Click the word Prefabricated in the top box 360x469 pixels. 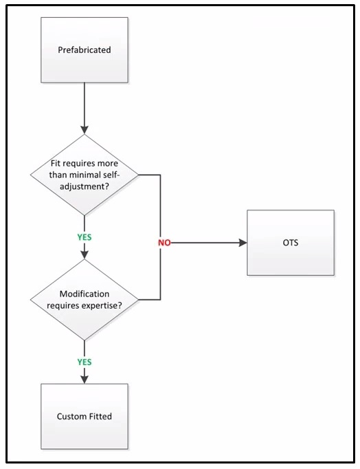(x=85, y=50)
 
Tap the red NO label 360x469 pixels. (x=164, y=243)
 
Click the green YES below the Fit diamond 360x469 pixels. (x=84, y=237)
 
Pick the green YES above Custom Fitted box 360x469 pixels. (x=84, y=361)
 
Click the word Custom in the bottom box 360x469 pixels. (x=71, y=416)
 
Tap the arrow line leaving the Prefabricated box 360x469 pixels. (x=85, y=103)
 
